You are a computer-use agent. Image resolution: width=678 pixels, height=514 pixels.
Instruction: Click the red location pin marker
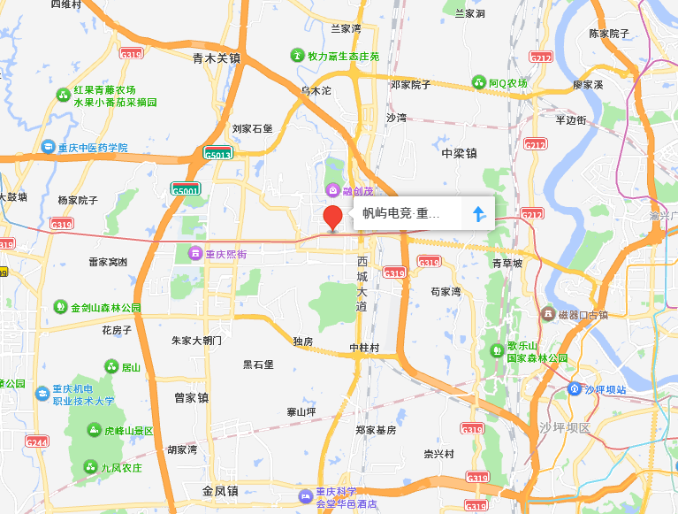pyautogui.click(x=333, y=217)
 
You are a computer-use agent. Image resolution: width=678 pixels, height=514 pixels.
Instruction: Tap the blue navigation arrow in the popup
pyautogui.click(x=478, y=214)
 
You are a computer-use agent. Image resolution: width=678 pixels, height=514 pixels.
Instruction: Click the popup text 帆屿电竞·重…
pyautogui.click(x=400, y=214)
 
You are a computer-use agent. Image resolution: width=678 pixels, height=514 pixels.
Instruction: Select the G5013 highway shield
pyautogui.click(x=217, y=153)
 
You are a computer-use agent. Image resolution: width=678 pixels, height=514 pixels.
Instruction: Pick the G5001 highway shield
pyautogui.click(x=187, y=189)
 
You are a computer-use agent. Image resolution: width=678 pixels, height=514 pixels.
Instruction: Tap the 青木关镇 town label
pyautogui.click(x=217, y=58)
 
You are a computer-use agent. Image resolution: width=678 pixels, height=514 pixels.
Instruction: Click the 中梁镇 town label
pyautogui.click(x=459, y=153)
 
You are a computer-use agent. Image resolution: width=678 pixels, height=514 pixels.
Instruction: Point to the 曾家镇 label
pyautogui.click(x=191, y=398)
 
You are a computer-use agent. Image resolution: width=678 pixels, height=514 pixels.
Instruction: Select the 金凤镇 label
pyautogui.click(x=220, y=491)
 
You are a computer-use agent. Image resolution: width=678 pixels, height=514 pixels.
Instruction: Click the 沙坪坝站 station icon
pyautogui.click(x=575, y=389)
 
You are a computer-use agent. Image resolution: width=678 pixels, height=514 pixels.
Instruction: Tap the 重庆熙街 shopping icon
pyautogui.click(x=195, y=255)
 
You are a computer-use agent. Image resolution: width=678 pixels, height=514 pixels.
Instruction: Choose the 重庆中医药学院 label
pyautogui.click(x=93, y=148)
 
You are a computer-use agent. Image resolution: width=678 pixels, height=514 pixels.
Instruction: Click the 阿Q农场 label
pyautogui.click(x=508, y=83)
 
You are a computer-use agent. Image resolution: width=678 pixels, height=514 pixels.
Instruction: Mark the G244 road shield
pyautogui.click(x=37, y=441)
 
